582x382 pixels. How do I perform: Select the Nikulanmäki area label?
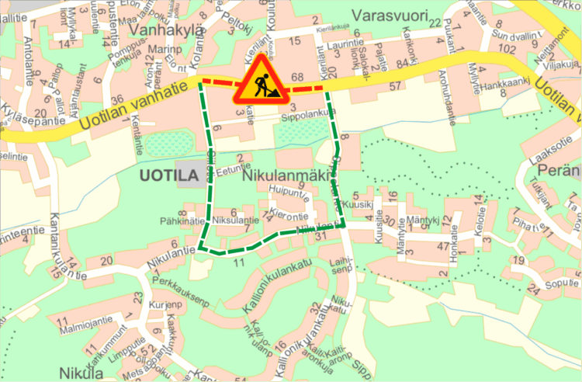276,176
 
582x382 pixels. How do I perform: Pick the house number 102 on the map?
508,48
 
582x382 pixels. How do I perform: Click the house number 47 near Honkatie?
442,245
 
